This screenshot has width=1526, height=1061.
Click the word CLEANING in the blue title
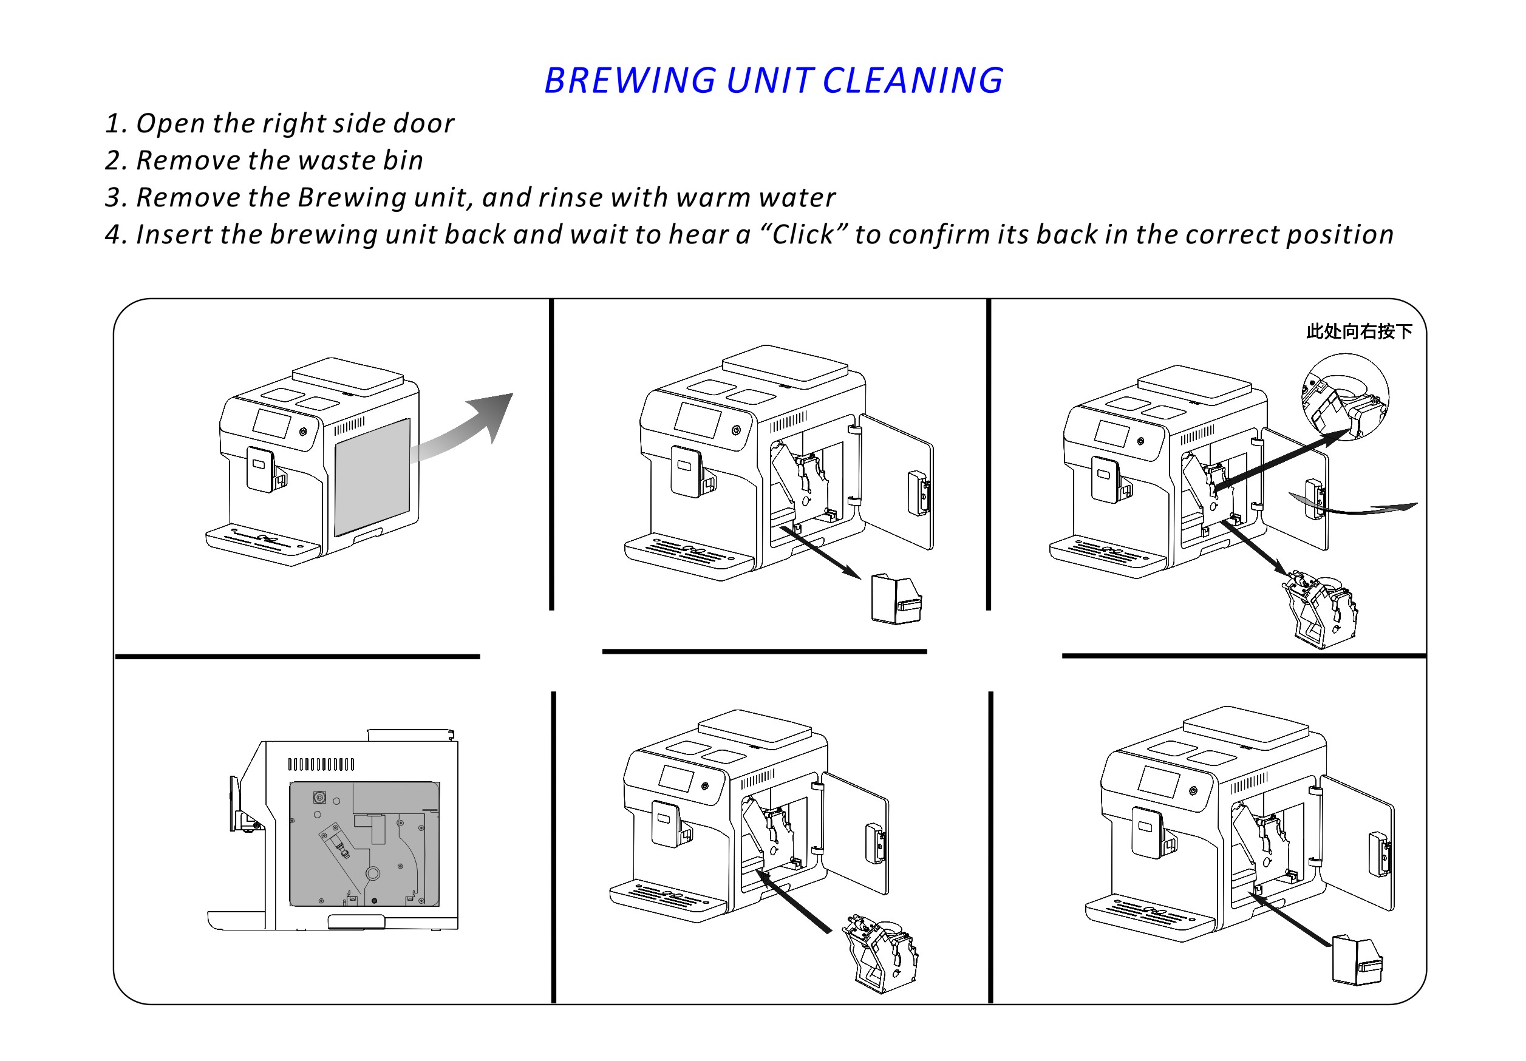pos(913,81)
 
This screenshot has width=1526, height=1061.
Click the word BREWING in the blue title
pos(630,81)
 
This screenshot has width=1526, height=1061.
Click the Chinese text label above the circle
pos(1359,331)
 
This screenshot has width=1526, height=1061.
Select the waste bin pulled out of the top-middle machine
pos(896,599)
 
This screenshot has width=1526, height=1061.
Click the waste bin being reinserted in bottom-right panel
pos(1358,960)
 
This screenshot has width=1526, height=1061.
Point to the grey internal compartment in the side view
pos(364,844)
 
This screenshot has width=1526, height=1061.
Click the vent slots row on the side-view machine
pos(321,764)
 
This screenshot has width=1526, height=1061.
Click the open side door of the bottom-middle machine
pos(856,832)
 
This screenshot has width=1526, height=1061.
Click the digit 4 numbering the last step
pos(113,235)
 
